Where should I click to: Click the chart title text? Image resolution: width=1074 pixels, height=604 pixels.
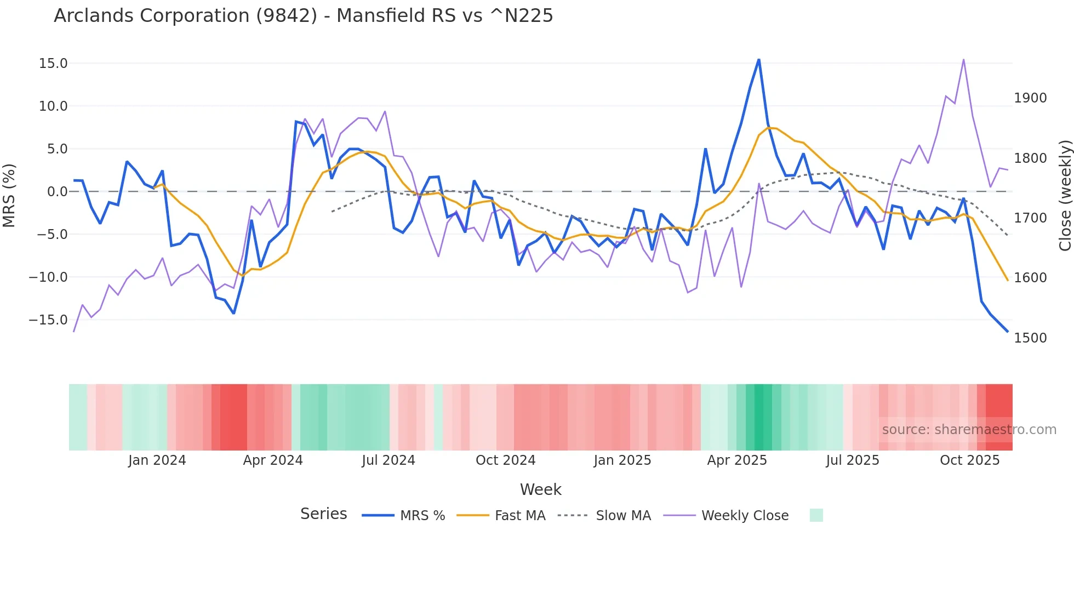[303, 16]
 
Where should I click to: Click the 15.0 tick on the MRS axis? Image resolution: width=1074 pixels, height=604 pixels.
[53, 64]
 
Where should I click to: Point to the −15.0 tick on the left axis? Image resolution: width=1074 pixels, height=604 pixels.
[48, 320]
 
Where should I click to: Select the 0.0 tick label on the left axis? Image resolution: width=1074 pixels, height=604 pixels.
[57, 192]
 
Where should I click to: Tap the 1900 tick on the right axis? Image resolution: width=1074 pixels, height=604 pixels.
[1030, 98]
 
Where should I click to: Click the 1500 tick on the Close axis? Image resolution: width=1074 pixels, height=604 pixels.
[1030, 338]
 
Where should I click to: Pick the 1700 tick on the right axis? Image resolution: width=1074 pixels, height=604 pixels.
[1030, 218]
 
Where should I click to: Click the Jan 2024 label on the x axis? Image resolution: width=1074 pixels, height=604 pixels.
[157, 460]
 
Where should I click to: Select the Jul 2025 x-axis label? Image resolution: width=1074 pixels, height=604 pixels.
[853, 460]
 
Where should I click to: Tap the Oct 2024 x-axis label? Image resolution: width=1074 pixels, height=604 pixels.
[505, 460]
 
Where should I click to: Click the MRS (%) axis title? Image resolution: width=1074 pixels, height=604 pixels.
[9, 195]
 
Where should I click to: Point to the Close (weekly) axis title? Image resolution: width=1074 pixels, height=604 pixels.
[1065, 196]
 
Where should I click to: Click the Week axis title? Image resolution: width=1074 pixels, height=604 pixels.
[540, 489]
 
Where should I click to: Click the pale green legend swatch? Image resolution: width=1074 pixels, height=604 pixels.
[816, 515]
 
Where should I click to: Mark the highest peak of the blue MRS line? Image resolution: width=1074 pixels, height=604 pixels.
[759, 59]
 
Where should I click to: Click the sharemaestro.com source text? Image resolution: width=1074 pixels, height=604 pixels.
[969, 430]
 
